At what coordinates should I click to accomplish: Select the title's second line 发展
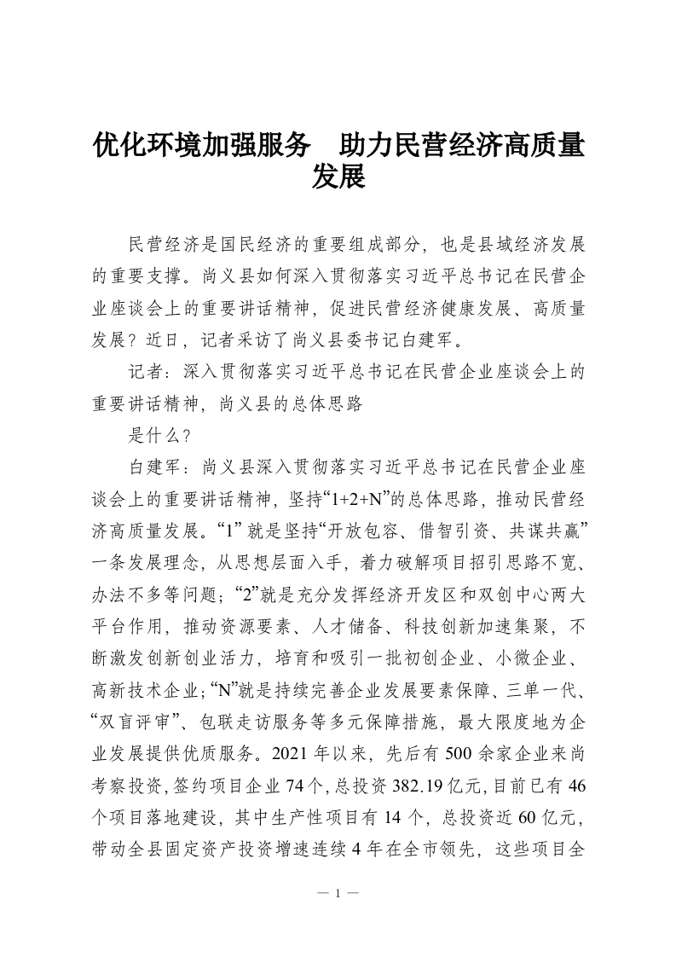(x=338, y=177)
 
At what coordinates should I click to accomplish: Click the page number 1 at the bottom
(x=338, y=894)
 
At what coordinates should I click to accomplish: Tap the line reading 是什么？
(x=159, y=435)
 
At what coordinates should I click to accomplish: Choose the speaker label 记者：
(x=146, y=373)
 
